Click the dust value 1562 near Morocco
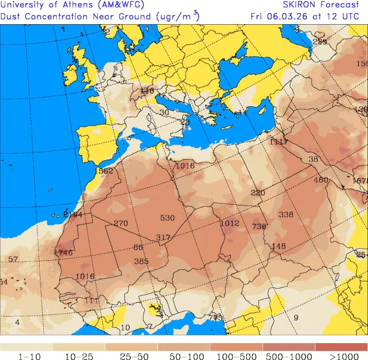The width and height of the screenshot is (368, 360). [104, 171]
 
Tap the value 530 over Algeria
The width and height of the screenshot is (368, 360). [167, 217]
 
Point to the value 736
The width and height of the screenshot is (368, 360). [259, 227]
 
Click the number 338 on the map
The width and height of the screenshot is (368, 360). [286, 215]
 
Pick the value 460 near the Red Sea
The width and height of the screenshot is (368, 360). [320, 180]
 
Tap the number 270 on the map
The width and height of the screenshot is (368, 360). [121, 223]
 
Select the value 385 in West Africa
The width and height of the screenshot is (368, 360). [141, 261]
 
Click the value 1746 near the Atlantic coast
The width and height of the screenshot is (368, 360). [63, 253]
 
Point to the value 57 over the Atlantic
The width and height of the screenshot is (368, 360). [13, 260]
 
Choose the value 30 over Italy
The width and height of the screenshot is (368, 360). [164, 112]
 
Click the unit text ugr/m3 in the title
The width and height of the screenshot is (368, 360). [178, 16]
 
